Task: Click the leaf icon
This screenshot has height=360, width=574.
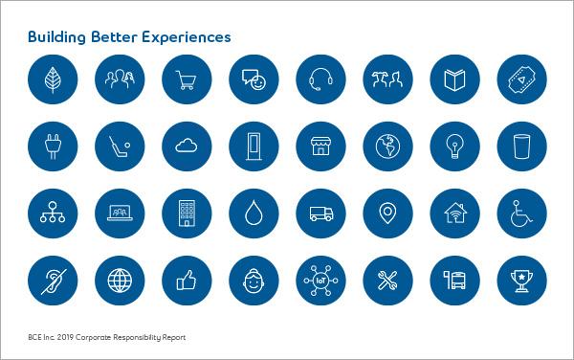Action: click(53, 79)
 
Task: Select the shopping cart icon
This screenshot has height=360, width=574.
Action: click(187, 79)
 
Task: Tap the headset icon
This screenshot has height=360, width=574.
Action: click(320, 79)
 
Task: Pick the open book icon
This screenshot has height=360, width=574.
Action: click(454, 79)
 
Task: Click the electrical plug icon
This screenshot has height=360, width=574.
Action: click(53, 146)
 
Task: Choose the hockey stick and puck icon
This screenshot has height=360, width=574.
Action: click(120, 146)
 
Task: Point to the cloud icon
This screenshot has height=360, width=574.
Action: click(187, 146)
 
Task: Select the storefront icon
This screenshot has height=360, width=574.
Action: click(320, 146)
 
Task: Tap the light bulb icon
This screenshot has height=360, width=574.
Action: click(454, 146)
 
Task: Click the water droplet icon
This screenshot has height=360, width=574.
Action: click(254, 214)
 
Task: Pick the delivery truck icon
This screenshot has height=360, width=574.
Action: click(320, 214)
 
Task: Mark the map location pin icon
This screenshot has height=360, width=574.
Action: click(387, 214)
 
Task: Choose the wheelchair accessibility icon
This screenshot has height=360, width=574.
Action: click(521, 214)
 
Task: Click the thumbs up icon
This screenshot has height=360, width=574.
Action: click(187, 281)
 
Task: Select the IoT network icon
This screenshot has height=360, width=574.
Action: click(320, 281)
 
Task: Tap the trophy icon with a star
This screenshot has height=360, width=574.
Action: click(521, 281)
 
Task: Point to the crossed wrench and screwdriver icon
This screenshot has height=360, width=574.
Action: click(387, 281)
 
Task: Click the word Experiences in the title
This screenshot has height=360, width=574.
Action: click(187, 37)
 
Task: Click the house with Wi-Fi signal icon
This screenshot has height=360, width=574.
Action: click(454, 214)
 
